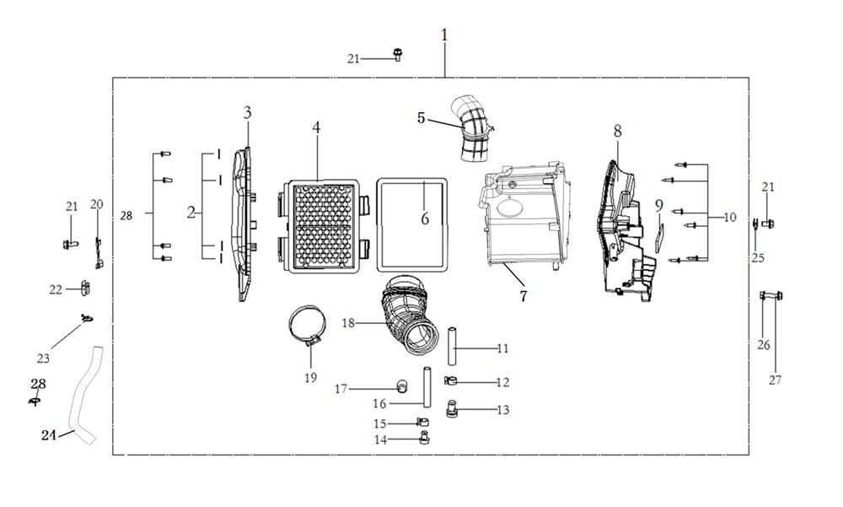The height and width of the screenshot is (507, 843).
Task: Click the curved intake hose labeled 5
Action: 473,132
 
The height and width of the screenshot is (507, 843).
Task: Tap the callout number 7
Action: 523,295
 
